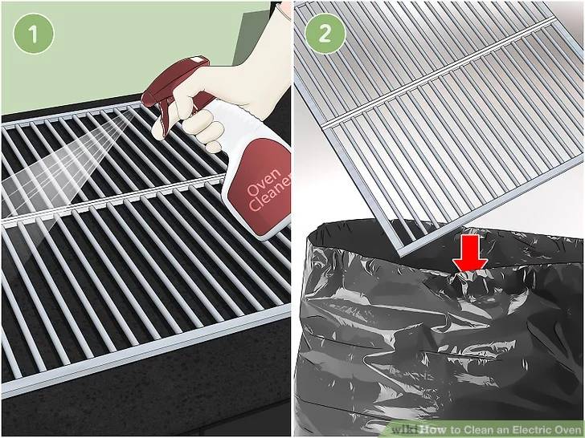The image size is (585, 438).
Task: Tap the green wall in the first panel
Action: point(121,48)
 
